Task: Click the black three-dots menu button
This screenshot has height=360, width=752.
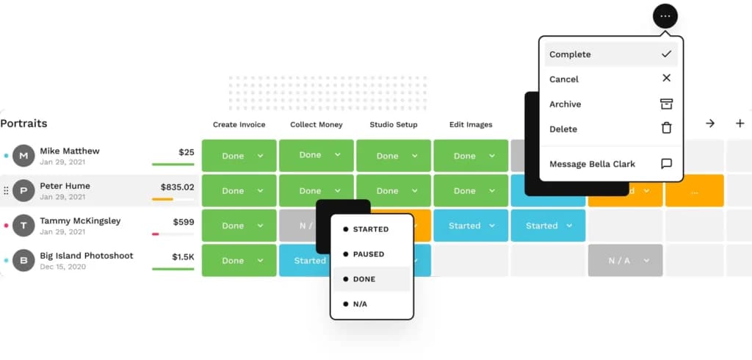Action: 665,16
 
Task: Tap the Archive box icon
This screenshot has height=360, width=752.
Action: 666,104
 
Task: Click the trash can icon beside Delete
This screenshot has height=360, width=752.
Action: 666,128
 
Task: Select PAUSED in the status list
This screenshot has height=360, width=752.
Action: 369,254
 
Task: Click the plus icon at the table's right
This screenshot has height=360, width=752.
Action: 740,123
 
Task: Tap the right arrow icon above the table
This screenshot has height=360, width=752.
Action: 710,123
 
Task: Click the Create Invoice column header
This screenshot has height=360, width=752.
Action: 239,125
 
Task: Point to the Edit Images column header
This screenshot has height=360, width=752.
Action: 471,125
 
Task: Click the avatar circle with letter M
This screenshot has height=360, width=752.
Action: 23,156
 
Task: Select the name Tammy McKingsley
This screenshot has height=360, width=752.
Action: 80,221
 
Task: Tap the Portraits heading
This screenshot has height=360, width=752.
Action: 23,123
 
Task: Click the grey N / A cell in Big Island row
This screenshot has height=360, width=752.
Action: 626,260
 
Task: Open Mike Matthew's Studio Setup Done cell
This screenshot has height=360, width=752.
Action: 394,156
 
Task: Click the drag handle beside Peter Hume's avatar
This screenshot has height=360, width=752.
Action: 6,190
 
